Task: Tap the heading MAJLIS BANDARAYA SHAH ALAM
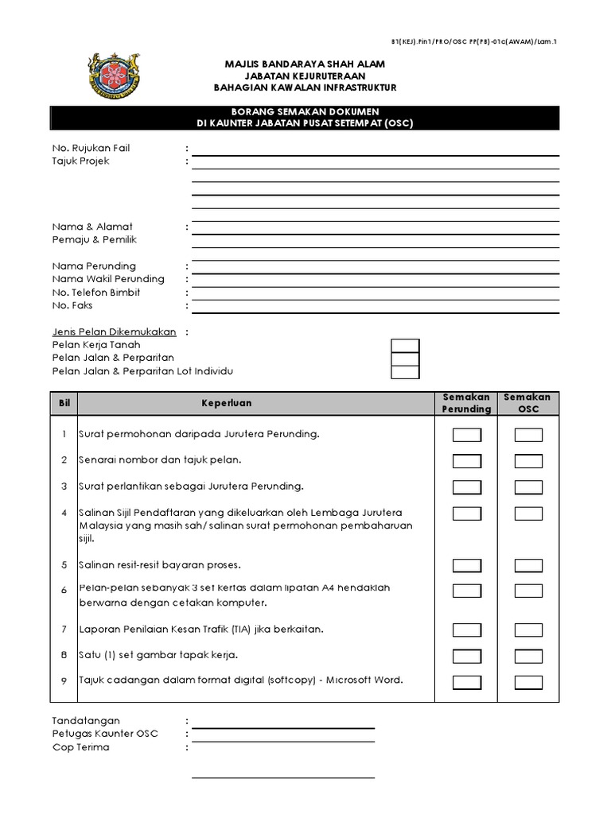305,62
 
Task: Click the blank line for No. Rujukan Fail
375,149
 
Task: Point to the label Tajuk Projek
81,161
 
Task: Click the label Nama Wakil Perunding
108,279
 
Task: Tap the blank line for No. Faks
375,307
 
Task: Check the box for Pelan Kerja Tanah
405,346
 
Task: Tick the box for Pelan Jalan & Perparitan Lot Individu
405,372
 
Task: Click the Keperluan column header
226,403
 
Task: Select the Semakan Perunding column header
466,403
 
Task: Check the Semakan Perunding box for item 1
467,435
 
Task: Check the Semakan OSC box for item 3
528,486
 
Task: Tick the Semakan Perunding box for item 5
467,565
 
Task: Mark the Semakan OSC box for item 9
528,681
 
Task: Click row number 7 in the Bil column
64,630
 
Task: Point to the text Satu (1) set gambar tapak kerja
158,656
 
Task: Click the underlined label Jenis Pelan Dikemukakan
114,332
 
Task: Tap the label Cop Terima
81,747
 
